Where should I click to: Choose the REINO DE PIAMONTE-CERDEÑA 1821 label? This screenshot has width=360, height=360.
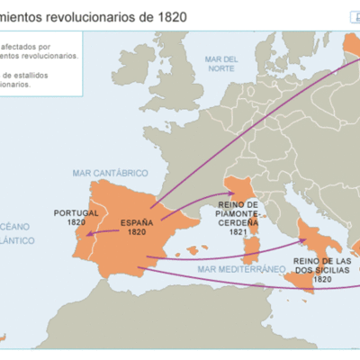coord(238,218)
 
